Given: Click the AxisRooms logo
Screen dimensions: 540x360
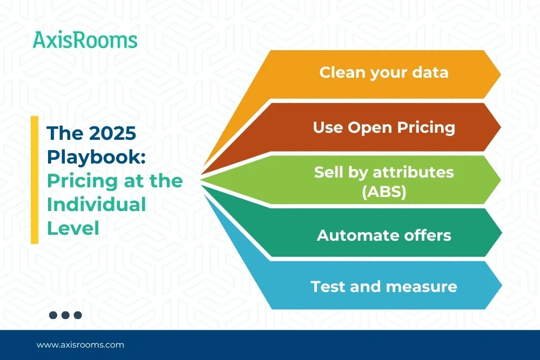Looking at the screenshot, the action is (x=85, y=40).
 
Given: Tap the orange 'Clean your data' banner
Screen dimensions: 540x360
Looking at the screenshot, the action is (x=379, y=74).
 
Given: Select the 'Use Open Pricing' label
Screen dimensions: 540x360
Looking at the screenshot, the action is (x=384, y=127).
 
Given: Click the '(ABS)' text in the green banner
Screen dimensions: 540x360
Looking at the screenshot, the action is (x=384, y=192).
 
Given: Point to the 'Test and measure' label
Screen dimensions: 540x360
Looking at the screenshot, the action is (x=384, y=287).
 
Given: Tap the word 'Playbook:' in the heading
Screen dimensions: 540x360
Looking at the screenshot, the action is (x=96, y=157).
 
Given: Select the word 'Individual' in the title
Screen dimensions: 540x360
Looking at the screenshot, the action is (x=97, y=205).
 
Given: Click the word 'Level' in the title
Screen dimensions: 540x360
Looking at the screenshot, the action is (x=73, y=228).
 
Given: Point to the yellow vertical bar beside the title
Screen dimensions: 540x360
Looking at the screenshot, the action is (x=35, y=180).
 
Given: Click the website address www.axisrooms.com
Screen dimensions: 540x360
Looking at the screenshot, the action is (x=80, y=345).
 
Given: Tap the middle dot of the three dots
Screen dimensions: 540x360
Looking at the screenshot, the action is (x=65, y=315).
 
